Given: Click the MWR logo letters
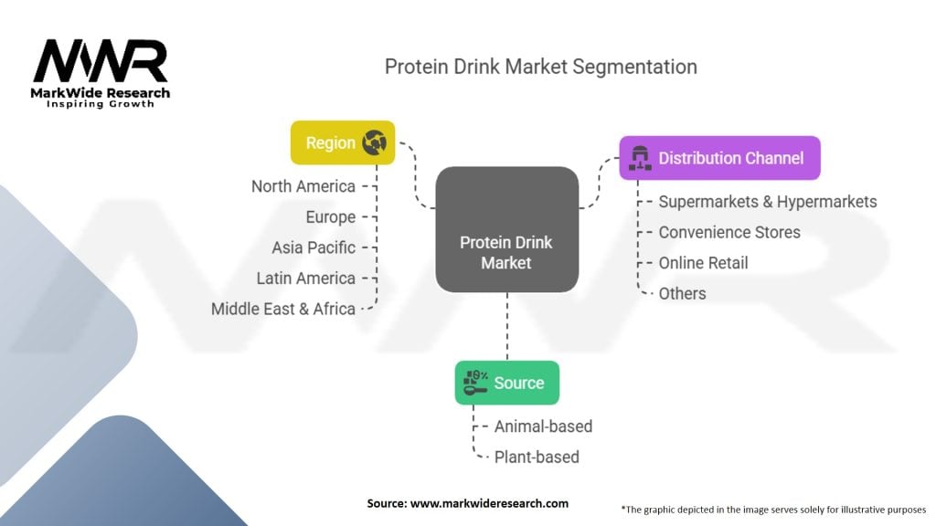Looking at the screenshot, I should pos(101,62).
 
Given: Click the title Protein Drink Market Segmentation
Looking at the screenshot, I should pos(540,67).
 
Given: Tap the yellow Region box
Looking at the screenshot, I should pos(343,142).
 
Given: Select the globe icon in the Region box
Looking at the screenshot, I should pos(375,142).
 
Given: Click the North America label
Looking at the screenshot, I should pos(303,186).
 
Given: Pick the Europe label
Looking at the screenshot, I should pos(331,217).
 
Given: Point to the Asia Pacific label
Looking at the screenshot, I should pos(314,247).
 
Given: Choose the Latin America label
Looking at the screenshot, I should pos(306,279).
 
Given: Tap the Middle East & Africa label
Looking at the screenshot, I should pos(283,309).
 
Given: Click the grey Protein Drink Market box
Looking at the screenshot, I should pos(506,229).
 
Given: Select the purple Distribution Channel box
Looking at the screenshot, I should pos(719,158).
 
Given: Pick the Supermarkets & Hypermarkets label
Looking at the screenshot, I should pos(768,202).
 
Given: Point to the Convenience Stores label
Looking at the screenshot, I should pos(729,232).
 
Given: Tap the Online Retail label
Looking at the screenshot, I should pos(703,263).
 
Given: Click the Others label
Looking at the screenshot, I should pos(682,293).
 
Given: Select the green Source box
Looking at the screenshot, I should pos(506,383).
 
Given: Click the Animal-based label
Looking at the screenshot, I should pos(543,426).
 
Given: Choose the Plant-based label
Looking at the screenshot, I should pos(537,457).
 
